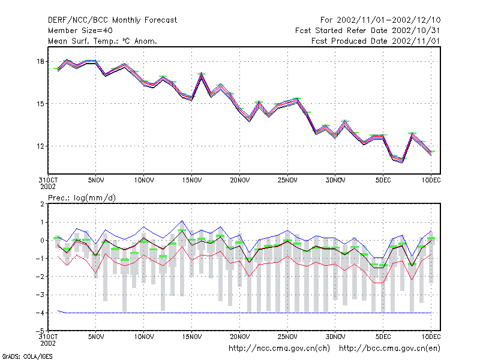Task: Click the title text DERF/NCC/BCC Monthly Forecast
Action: [x=112, y=20]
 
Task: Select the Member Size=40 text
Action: [x=80, y=31]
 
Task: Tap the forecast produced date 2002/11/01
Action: [x=416, y=41]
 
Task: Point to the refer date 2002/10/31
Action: [x=416, y=31]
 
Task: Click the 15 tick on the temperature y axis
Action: [x=40, y=104]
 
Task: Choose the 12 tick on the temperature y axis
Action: [x=40, y=146]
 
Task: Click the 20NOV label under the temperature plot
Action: [x=239, y=181]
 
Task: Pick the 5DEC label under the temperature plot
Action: [x=383, y=181]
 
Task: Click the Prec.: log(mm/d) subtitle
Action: [x=82, y=198]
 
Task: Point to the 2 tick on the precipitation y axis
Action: [x=42, y=204]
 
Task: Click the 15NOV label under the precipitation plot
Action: [x=192, y=337]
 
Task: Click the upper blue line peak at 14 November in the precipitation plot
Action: [x=182, y=221]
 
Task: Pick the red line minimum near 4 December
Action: [x=379, y=283]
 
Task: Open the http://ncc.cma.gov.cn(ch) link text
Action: [x=279, y=349]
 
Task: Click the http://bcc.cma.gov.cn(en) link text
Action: [x=389, y=349]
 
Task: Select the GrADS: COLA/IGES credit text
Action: [x=27, y=356]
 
